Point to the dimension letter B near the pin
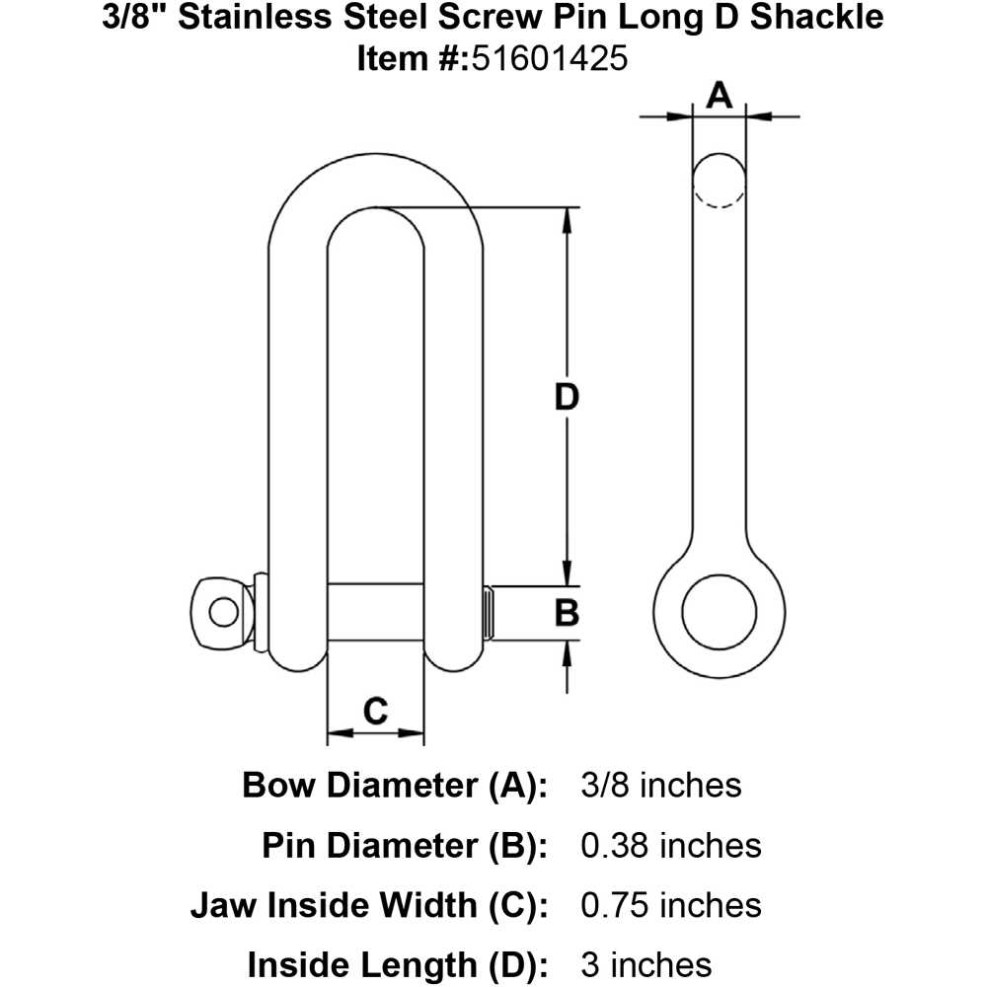pos(566,613)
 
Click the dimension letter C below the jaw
pos(375,710)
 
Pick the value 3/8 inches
pos(656,786)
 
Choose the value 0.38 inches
pos(667,846)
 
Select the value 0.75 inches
pos(667,905)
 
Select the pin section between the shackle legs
pos(375,613)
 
